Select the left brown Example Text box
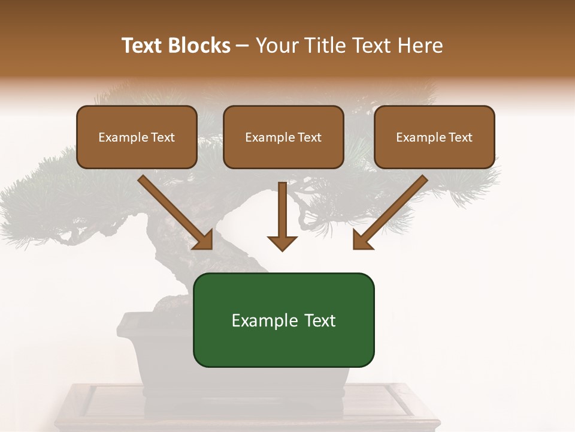coord(137,137)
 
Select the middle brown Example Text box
coord(283,137)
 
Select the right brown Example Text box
coord(434,137)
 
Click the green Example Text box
coord(283,320)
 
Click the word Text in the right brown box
coord(460,137)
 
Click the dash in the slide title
coord(243,46)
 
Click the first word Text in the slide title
coord(142,46)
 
